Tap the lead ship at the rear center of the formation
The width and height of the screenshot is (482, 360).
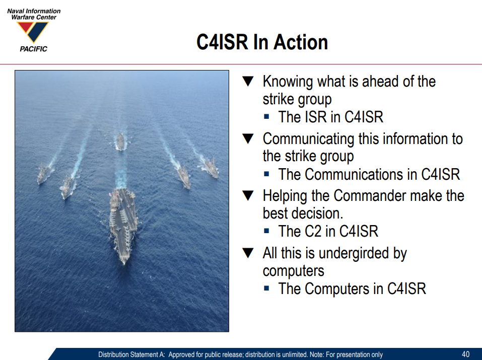(120, 141)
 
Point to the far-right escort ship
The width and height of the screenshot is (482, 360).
(211, 168)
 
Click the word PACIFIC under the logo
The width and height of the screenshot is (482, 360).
(34, 49)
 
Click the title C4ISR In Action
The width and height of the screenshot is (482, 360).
(262, 42)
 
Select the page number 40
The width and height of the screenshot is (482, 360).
(466, 354)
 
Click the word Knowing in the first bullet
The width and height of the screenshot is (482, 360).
(288, 82)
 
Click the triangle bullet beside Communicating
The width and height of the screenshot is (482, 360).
(248, 138)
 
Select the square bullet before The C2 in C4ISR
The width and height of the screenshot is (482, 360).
(266, 231)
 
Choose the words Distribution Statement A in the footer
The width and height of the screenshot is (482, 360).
(131, 354)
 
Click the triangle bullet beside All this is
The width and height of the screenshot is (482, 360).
(248, 253)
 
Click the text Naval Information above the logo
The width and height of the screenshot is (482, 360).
(34, 11)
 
